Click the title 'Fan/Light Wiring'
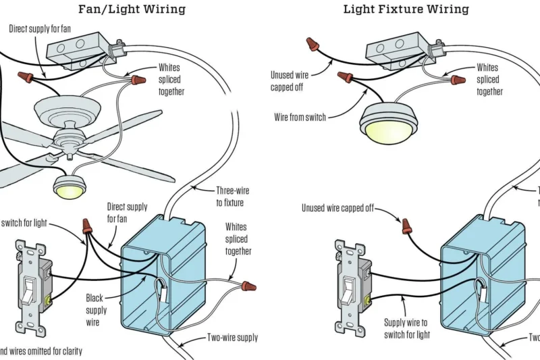(x=132, y=9)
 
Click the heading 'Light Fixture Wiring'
(x=406, y=9)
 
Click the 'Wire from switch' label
(x=300, y=117)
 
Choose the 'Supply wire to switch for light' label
(x=406, y=328)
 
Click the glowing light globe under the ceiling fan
(x=69, y=189)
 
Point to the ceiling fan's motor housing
(x=72, y=109)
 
